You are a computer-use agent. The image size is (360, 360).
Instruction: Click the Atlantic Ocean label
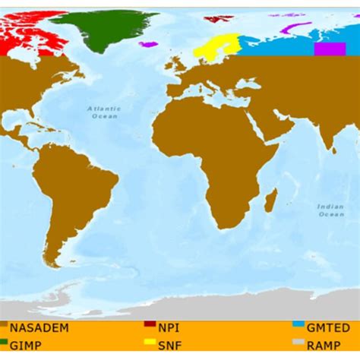click(x=104, y=112)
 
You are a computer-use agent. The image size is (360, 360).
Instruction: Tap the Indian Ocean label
click(x=330, y=210)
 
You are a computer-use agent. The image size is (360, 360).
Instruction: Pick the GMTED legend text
click(x=328, y=327)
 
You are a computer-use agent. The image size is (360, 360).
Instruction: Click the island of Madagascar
click(x=270, y=201)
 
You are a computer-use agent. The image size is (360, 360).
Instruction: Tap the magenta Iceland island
click(x=149, y=44)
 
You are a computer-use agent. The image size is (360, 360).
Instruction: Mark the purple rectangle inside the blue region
click(x=330, y=49)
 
